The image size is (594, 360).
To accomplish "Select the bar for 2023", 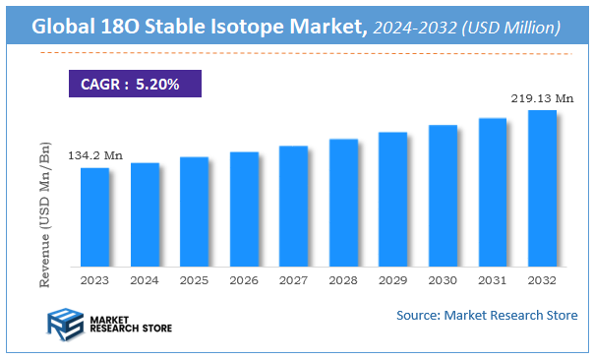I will tap(95, 216).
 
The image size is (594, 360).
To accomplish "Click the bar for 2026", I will tap(244, 209).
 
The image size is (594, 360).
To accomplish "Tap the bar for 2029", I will tap(393, 199).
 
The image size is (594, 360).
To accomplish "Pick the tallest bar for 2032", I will tap(542, 188).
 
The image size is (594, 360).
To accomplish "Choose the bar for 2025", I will tap(195, 211).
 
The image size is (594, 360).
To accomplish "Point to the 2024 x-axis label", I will tap(145, 280).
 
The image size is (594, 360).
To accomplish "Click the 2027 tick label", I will tap(294, 280).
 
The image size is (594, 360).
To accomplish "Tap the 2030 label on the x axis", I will tap(443, 280).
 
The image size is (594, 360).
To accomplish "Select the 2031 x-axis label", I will tap(493, 280).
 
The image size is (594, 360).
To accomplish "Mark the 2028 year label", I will tap(343, 280).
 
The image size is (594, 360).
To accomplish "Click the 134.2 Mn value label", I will tap(95, 156).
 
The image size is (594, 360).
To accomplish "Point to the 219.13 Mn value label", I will tap(542, 98).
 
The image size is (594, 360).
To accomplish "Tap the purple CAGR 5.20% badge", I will tap(134, 85).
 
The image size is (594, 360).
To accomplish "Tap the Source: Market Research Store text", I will tap(487, 316).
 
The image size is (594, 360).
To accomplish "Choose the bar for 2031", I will tap(493, 192).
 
